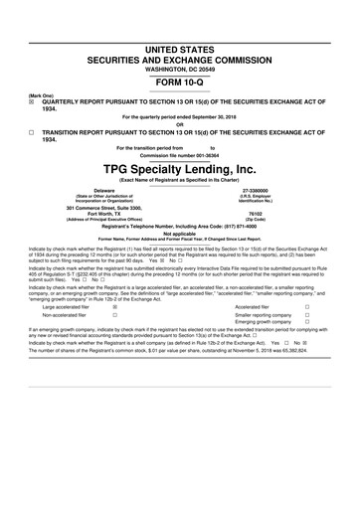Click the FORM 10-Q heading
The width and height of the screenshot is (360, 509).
click(179, 82)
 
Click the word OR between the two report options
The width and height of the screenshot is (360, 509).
click(179, 124)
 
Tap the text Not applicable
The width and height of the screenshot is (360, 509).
click(179, 234)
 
